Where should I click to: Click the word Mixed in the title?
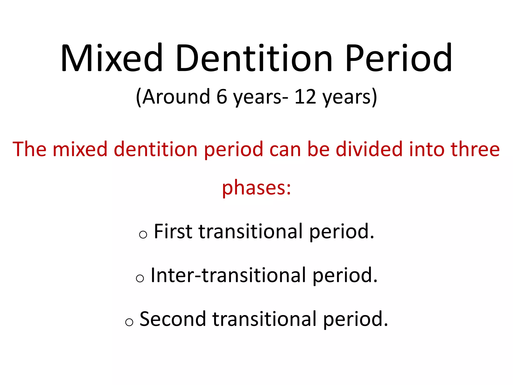pyautogui.click(x=112, y=58)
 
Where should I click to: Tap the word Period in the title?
pyautogui.click(x=398, y=58)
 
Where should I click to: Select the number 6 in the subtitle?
pyautogui.click(x=222, y=97)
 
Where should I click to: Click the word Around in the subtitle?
pyautogui.click(x=176, y=97)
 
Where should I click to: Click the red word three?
pyautogui.click(x=475, y=149)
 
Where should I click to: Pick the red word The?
pyautogui.click(x=30, y=149)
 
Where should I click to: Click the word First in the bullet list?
pyautogui.click(x=173, y=231)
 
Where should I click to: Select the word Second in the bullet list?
pyautogui.click(x=173, y=319)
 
